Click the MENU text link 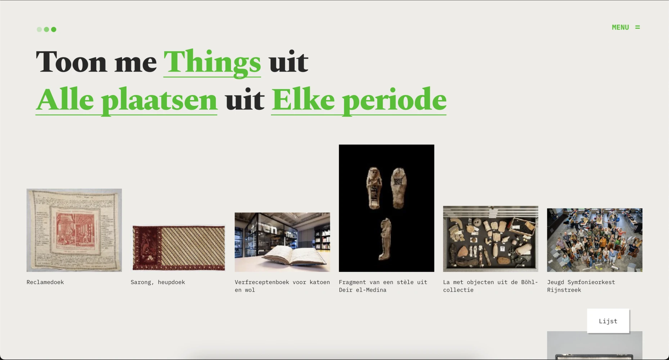[620, 27]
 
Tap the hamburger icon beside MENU [637, 27]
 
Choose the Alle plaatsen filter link [126, 100]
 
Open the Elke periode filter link [359, 100]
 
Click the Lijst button [608, 321]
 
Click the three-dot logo [46, 30]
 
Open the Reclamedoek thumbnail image [74, 230]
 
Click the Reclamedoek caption [45, 282]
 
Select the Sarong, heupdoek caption [158, 282]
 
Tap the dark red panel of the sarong [147, 248]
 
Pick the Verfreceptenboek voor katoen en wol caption [282, 286]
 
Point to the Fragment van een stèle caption [383, 286]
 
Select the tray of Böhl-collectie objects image [491, 239]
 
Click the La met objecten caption [491, 286]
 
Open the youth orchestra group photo [595, 240]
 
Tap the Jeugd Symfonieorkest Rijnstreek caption [581, 286]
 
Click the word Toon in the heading [71, 62]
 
